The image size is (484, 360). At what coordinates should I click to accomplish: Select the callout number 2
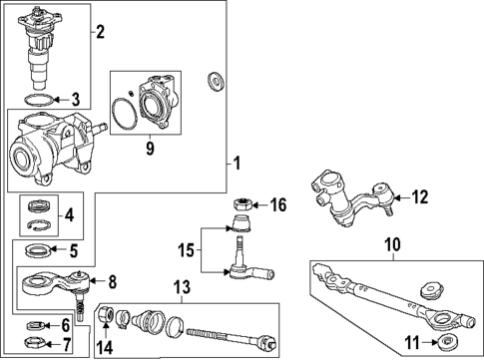(99, 32)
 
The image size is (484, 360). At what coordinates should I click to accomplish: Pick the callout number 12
(418, 196)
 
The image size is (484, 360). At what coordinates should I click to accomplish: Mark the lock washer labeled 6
(36, 325)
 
